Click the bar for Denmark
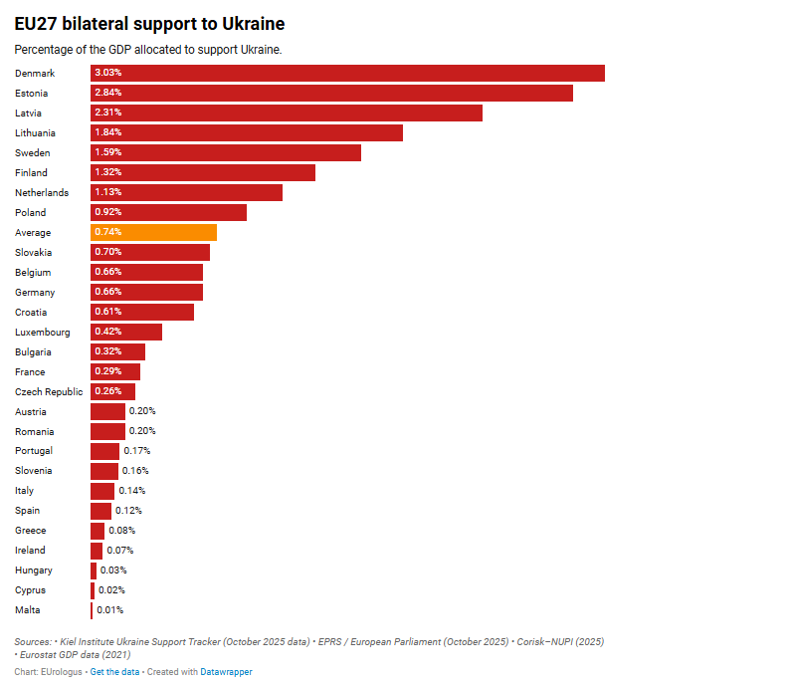click(x=347, y=73)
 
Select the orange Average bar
click(x=153, y=232)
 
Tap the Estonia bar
click(x=331, y=93)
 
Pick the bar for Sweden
click(x=226, y=152)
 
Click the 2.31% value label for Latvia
click(x=107, y=113)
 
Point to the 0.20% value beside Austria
click(x=142, y=411)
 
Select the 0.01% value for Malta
click(x=110, y=610)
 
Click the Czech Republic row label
click(x=49, y=391)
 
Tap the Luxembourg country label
click(x=43, y=332)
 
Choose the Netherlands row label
click(x=42, y=192)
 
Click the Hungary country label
click(x=34, y=570)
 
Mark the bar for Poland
click(x=168, y=212)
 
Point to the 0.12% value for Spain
click(x=128, y=511)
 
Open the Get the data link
click(x=114, y=672)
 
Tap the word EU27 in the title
click(x=36, y=23)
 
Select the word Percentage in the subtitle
click(x=43, y=49)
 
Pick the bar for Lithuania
click(x=247, y=132)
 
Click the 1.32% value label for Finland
click(x=107, y=172)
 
